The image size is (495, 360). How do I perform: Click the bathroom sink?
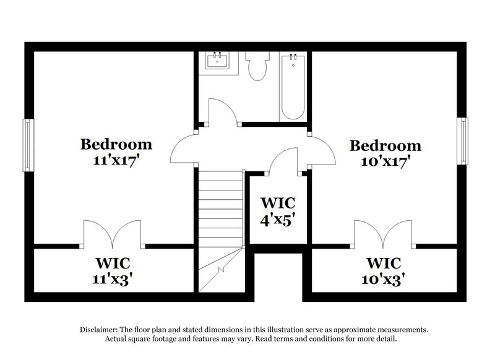(218, 61)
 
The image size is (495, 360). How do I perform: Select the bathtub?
(293, 87)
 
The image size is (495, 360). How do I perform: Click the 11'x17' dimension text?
(116, 160)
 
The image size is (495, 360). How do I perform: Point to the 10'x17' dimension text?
(385, 161)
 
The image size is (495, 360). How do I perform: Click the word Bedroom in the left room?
(116, 145)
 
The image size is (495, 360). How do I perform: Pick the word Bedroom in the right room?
(385, 146)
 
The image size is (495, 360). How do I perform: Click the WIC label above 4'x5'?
(277, 203)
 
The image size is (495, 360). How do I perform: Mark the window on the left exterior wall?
(27, 145)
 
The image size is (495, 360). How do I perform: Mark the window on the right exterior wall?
(462, 141)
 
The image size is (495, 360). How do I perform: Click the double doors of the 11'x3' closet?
(113, 234)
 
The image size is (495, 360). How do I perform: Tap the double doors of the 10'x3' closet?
(384, 234)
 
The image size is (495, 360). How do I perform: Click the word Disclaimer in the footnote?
(100, 330)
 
